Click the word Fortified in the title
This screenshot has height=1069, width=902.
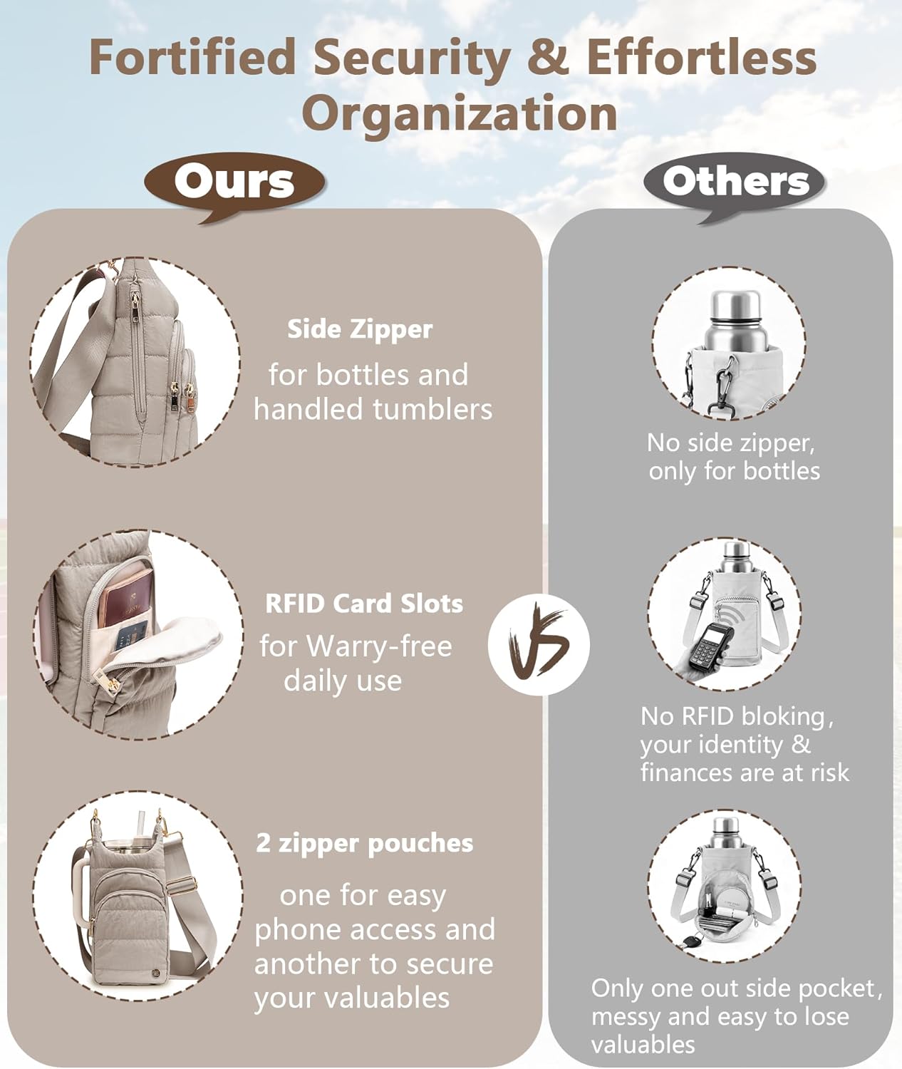pyautogui.click(x=192, y=56)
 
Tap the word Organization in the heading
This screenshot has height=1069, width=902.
pyautogui.click(x=459, y=113)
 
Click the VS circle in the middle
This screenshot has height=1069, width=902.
pyautogui.click(x=539, y=644)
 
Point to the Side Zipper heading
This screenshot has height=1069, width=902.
pyautogui.click(x=359, y=329)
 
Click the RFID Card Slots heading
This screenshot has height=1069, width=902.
pyautogui.click(x=364, y=604)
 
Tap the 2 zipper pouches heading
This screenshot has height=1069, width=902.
pyautogui.click(x=364, y=843)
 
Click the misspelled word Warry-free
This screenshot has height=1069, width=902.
pyautogui.click(x=379, y=646)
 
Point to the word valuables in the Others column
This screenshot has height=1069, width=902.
pyautogui.click(x=643, y=1044)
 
